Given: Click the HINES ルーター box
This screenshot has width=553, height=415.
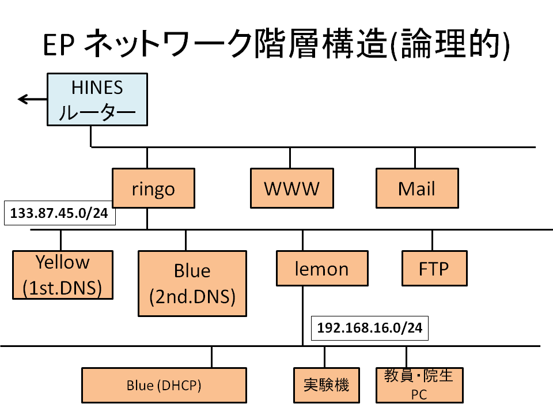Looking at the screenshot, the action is click(97, 100).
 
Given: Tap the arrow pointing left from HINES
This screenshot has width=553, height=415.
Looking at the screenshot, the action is click(32, 99).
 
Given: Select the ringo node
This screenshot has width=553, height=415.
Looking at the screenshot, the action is click(153, 188).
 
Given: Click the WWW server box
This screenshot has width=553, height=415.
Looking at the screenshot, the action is click(292, 188).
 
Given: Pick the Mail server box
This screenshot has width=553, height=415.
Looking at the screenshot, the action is click(417, 188).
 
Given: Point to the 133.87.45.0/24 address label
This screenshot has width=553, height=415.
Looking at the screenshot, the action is click(59, 213).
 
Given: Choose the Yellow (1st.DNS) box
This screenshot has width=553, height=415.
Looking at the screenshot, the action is click(63, 275).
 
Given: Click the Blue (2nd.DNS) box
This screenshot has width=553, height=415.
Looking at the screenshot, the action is click(192, 284).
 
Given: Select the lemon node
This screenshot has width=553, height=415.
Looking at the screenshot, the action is click(323, 268).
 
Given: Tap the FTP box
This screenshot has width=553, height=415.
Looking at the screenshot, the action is click(434, 268).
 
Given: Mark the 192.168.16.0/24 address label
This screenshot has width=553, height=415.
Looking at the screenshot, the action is click(370, 328).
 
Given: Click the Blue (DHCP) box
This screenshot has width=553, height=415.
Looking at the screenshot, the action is click(164, 386).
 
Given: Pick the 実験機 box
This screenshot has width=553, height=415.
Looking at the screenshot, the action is click(327, 386).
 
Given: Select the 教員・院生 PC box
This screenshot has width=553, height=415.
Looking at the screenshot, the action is click(419, 386).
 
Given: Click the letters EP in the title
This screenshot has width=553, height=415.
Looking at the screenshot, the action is click(59, 45).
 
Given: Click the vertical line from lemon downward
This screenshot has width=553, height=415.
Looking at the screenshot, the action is click(302, 316).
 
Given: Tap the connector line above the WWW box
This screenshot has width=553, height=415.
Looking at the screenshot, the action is click(290, 158).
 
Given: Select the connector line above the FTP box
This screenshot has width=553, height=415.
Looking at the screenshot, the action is click(433, 240).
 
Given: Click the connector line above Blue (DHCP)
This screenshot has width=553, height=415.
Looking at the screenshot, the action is click(211, 357).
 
